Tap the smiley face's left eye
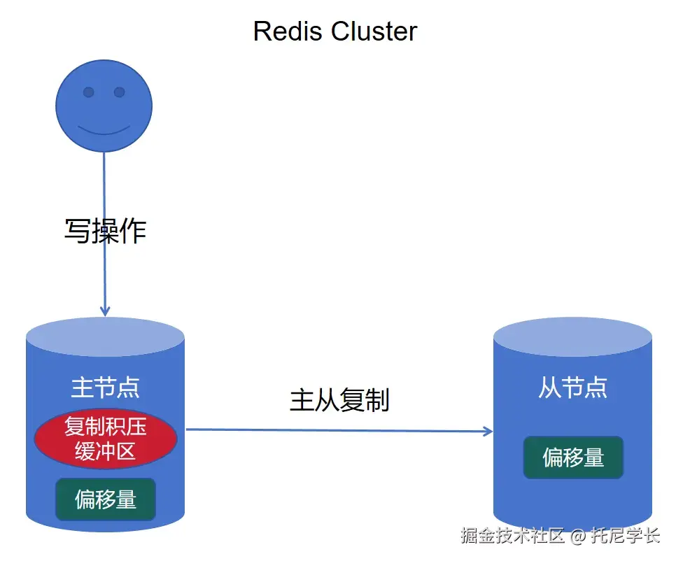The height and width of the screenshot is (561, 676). click(89, 92)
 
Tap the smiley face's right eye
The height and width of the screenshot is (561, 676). click(119, 92)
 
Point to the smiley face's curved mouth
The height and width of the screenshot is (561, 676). click(104, 130)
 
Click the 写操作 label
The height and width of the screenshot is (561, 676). click(105, 230)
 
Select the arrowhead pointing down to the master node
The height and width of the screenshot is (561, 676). click(105, 309)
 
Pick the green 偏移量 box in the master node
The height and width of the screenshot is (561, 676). click(105, 499)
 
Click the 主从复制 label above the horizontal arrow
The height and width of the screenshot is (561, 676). click(339, 400)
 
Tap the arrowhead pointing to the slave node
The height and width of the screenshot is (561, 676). click(488, 432)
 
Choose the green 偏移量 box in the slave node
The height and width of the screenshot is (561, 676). click(572, 457)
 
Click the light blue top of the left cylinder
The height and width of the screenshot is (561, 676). click(105, 336)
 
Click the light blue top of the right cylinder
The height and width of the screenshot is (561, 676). click(572, 336)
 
